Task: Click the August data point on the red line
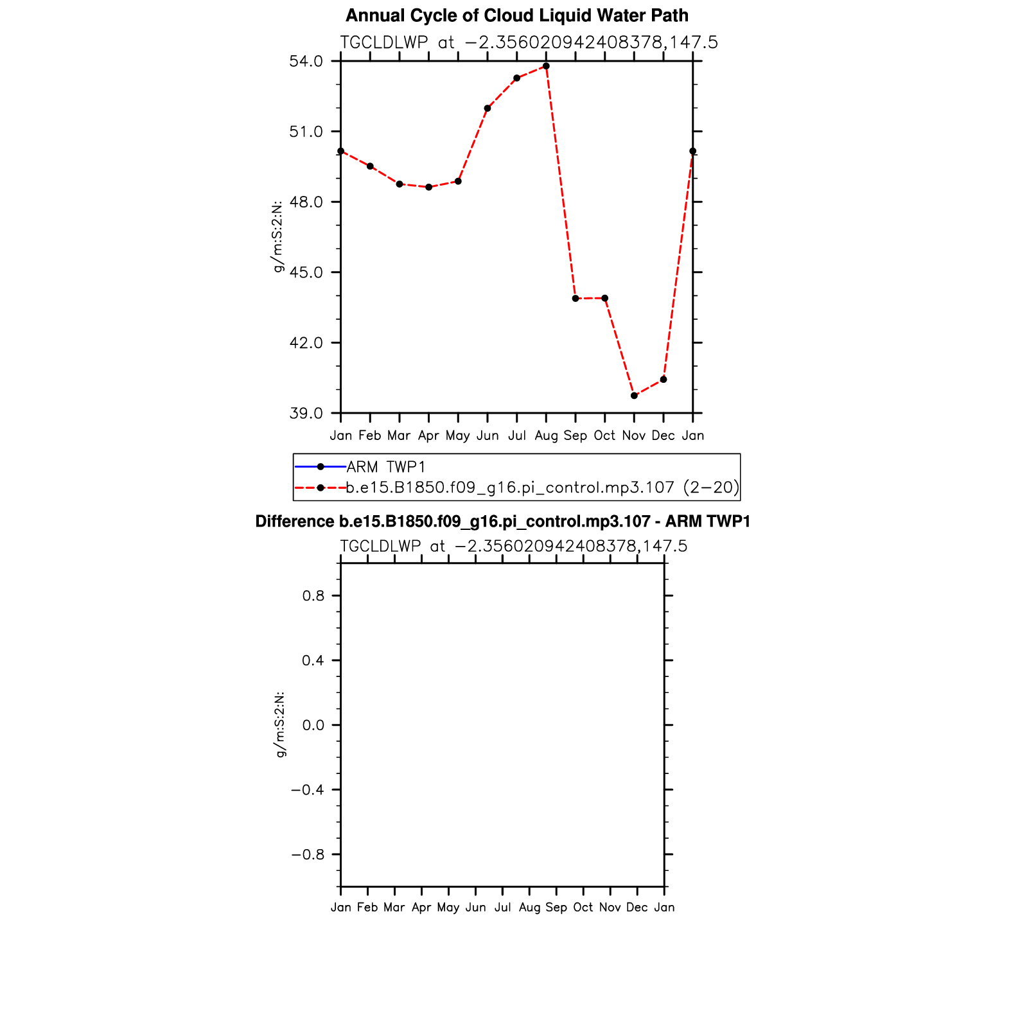pos(546,66)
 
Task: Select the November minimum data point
pos(634,396)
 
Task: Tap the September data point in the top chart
pos(576,299)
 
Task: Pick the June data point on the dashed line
pos(488,109)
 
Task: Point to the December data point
pos(664,380)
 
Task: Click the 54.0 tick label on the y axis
pos(306,62)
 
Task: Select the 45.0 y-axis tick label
pos(306,272)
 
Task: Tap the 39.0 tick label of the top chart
pos(306,413)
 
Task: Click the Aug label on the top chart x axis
pos(546,436)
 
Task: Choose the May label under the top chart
pos(458,436)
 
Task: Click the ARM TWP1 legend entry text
pos(386,467)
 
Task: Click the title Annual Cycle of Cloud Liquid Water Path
pos(517,15)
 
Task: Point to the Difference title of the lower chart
pos(503,522)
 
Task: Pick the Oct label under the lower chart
pos(583,908)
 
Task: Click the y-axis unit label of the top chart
pos(278,237)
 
